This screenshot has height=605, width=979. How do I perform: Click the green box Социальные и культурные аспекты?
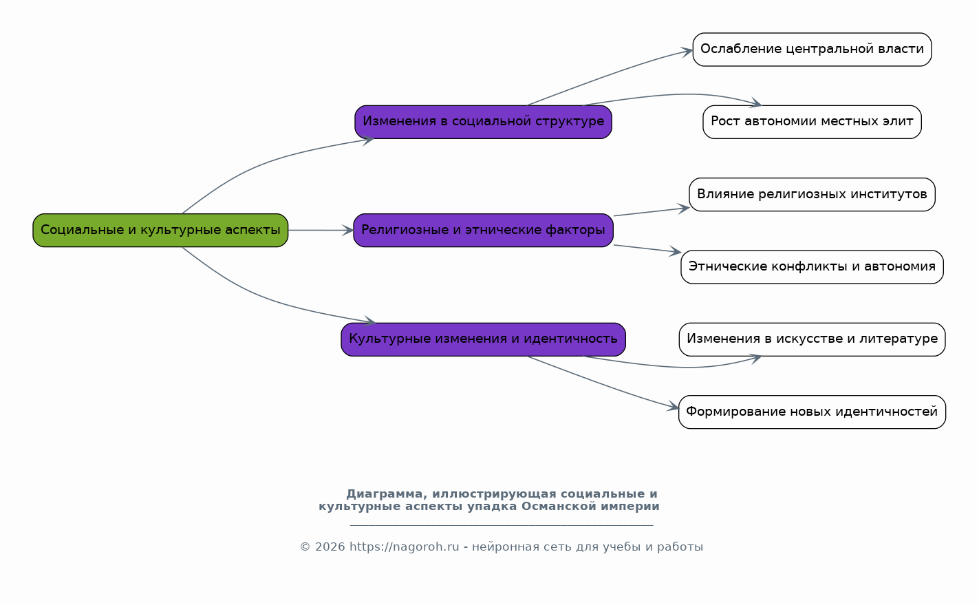[x=160, y=231]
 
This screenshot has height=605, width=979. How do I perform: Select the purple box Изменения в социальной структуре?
[x=484, y=122]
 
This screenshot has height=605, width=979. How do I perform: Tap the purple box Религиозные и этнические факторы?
[x=484, y=231]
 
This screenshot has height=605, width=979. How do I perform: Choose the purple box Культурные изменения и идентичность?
[x=484, y=339]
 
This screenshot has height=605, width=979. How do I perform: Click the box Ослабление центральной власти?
[x=812, y=50]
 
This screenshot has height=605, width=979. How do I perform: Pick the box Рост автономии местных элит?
[x=812, y=122]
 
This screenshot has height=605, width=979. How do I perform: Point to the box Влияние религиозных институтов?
[x=812, y=195]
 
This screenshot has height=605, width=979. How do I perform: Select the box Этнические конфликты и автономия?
[x=812, y=267]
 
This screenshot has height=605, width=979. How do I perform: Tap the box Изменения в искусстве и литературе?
[x=812, y=339]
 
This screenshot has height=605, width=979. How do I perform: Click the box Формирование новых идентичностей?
[x=812, y=412]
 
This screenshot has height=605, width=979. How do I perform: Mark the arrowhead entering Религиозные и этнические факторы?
[x=348, y=231]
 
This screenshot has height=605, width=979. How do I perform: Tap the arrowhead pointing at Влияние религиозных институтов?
[x=684, y=209]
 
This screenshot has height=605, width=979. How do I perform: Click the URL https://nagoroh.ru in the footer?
[x=405, y=547]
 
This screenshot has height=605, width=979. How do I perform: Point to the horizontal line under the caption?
[x=502, y=525]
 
